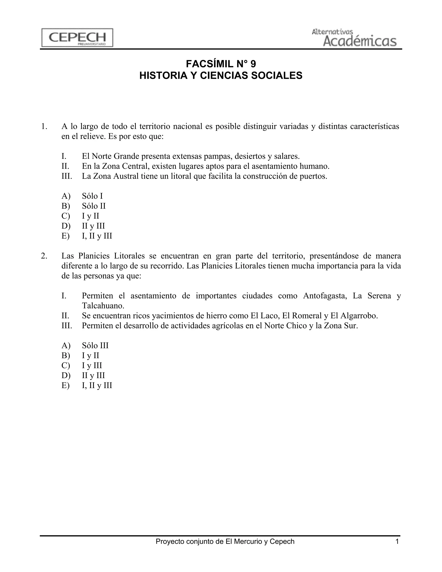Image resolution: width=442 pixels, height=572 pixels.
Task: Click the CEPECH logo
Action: point(77,38)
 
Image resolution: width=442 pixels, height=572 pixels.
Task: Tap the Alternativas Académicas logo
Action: point(354,38)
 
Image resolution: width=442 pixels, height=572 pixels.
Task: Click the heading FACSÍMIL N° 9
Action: point(221,64)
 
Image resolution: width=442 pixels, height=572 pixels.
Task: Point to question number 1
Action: point(44,126)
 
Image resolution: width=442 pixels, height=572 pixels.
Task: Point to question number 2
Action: point(44,256)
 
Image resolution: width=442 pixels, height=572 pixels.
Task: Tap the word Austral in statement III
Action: point(125,176)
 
